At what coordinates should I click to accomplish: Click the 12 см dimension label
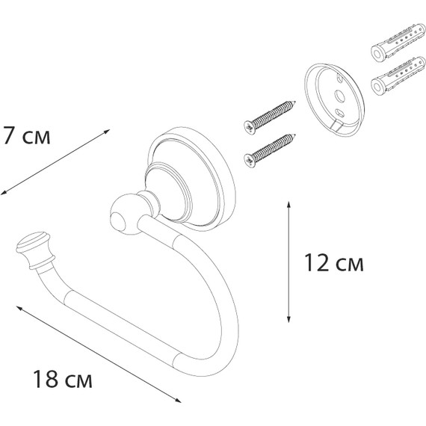(335, 263)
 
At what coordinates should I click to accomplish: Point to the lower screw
(271, 146)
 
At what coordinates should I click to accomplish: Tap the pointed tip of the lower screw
(295, 134)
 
